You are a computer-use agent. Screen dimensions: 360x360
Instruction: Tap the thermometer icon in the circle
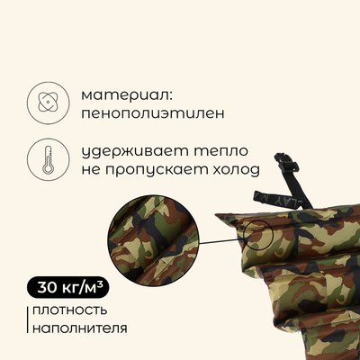point(46,158)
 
